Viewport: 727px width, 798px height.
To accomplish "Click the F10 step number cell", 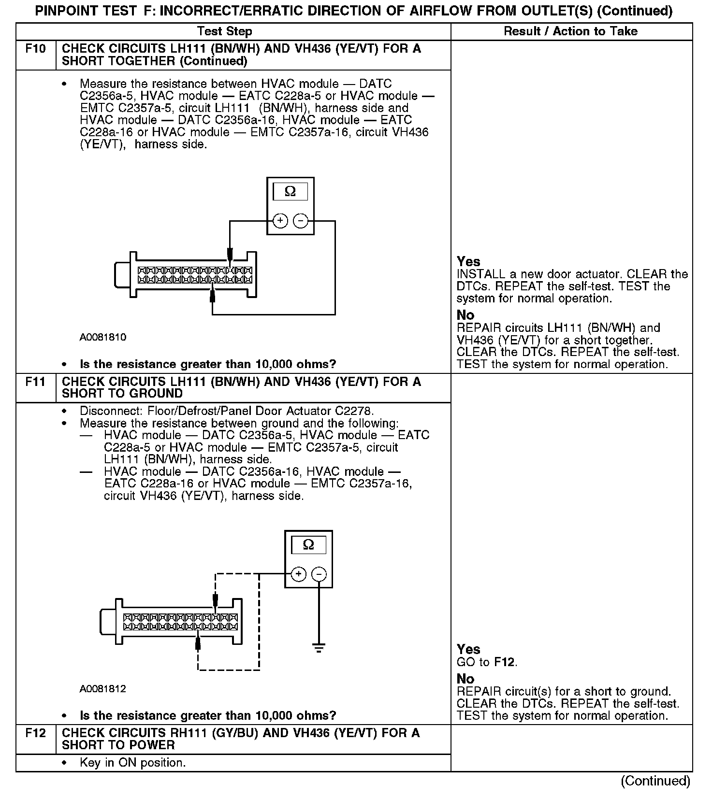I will [x=36, y=49].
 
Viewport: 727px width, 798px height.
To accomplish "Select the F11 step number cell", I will [x=36, y=383].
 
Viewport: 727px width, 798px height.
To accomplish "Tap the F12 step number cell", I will [x=36, y=734].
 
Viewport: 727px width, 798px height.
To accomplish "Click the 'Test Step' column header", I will [x=224, y=32].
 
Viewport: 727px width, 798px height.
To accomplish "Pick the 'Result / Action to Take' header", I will [x=570, y=32].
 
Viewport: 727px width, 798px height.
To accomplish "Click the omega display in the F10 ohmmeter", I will [x=290, y=192].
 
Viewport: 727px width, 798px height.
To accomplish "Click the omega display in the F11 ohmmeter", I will [x=308, y=545].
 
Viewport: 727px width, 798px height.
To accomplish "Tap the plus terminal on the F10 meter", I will [x=280, y=221].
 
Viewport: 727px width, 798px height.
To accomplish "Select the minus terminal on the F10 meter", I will [x=301, y=221].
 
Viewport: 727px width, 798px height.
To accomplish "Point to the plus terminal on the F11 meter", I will [x=299, y=574].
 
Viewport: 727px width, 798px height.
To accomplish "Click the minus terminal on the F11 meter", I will [x=319, y=574].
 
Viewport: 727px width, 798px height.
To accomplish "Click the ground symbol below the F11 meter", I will [x=319, y=648].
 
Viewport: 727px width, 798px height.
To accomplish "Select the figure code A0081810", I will [x=102, y=337].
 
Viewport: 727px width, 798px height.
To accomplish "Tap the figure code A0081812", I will [x=102, y=689].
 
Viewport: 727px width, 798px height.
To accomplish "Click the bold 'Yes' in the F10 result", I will [x=468, y=262].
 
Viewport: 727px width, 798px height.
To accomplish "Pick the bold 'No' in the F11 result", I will [x=465, y=679].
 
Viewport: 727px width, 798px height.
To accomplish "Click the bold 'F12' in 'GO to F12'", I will [x=504, y=662].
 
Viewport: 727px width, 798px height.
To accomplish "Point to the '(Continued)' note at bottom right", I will [x=655, y=781].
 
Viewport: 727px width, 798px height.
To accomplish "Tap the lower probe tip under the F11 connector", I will [x=198, y=643].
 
